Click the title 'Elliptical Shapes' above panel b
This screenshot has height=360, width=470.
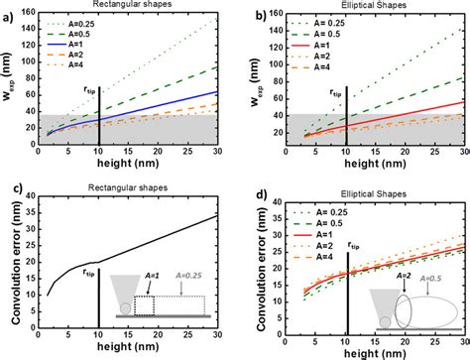[x=371, y=7]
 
